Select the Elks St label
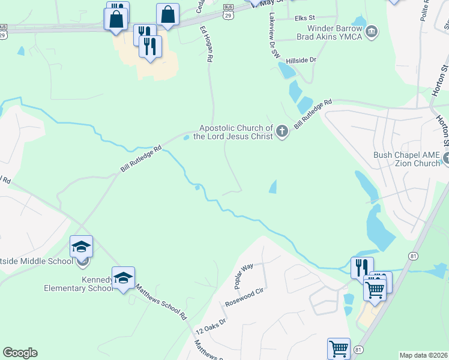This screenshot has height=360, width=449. coord(305,19)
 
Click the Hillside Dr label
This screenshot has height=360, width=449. coord(301,61)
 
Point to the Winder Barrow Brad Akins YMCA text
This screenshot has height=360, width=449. coord(335,32)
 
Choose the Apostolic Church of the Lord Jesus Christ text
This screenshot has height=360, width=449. coord(236,133)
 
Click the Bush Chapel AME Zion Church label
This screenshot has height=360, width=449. coord(406,159)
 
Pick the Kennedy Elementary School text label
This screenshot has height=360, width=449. coord(78,284)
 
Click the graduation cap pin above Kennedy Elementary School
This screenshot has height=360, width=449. coord(123,278)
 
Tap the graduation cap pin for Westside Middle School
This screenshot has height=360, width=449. coord(82,247)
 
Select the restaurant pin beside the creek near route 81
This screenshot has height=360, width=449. coord(362,267)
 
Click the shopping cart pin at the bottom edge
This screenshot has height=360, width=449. coord(339,349)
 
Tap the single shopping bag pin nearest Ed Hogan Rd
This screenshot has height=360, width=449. coord(167,15)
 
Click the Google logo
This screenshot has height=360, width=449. coord(20,353)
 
